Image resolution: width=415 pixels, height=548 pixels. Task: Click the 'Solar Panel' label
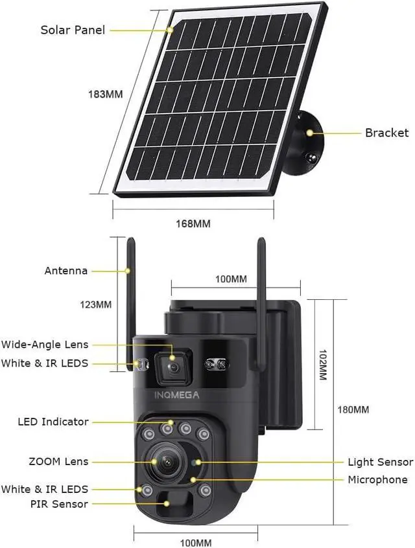click(x=73, y=30)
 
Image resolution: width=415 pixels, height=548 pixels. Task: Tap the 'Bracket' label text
click(x=386, y=133)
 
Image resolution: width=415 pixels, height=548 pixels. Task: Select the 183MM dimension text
click(x=105, y=94)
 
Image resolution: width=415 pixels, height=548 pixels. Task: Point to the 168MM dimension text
click(x=193, y=224)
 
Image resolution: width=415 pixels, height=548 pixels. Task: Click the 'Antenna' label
click(x=65, y=271)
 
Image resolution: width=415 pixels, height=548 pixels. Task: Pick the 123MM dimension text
click(x=95, y=304)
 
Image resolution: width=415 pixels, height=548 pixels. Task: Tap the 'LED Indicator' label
click(x=53, y=422)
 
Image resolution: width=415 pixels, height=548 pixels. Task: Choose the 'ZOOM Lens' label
click(x=58, y=462)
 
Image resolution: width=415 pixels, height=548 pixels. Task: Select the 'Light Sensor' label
click(x=380, y=462)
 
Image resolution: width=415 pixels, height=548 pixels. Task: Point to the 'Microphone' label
click(x=377, y=479)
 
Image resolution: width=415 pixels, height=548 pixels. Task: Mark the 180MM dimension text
click(x=353, y=410)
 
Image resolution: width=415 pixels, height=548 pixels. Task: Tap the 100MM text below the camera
click(x=195, y=543)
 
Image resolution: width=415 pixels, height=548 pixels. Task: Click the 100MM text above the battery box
click(x=231, y=279)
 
